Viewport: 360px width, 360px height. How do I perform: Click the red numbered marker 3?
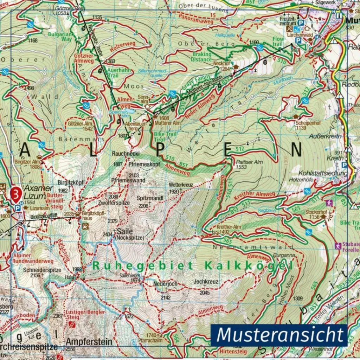pyautogui.click(x=16, y=194)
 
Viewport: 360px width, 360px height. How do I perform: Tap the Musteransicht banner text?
pyautogui.click(x=279, y=335)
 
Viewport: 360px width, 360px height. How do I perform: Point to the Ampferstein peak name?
pyautogui.click(x=89, y=341)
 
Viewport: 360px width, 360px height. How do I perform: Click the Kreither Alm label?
pyautogui.click(x=229, y=227)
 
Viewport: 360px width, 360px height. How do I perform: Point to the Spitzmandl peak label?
pyautogui.click(x=150, y=198)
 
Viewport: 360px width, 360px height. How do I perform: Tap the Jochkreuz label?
pyautogui.click(x=206, y=282)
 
